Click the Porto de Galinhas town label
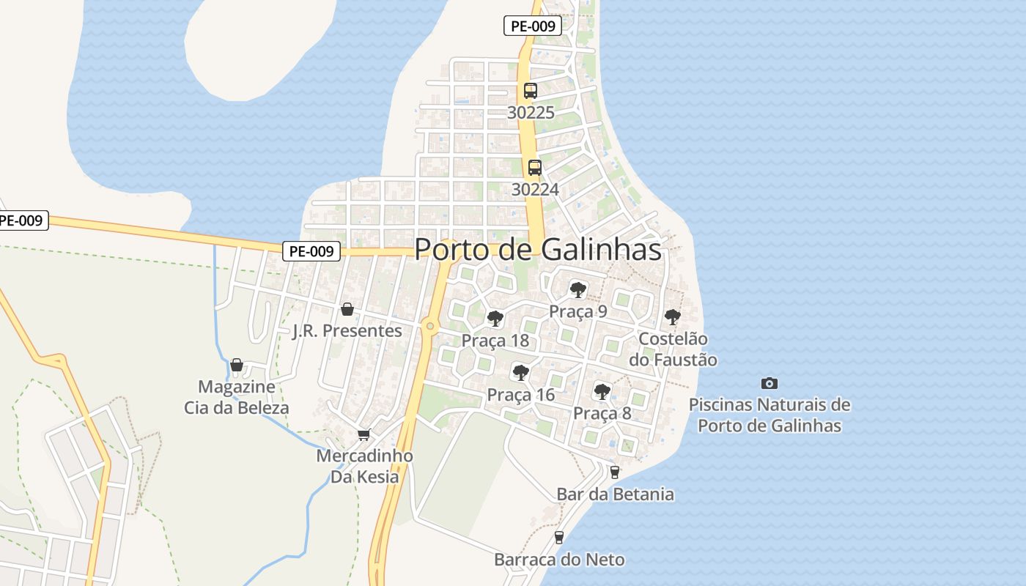[538, 250]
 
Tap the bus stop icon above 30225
[531, 91]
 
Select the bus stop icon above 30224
[535, 167]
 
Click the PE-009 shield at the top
[533, 26]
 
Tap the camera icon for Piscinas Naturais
[769, 383]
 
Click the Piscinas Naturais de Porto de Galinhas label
[769, 415]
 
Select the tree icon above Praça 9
[578, 289]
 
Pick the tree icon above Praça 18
[495, 319]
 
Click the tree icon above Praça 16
[521, 373]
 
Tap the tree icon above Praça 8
[602, 391]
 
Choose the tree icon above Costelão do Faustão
[673, 317]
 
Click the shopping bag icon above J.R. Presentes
[347, 309]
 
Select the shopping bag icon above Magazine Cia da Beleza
[237, 364]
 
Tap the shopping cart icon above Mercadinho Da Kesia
[364, 434]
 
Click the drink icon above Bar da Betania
[615, 472]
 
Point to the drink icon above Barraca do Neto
[559, 538]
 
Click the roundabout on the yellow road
[430, 326]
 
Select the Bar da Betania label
[616, 494]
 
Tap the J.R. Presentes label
[347, 331]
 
